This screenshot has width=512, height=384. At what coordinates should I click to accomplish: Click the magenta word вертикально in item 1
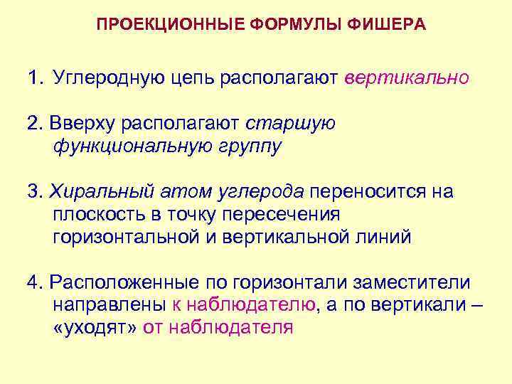tap(407, 77)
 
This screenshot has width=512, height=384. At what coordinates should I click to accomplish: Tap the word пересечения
tap(282, 214)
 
